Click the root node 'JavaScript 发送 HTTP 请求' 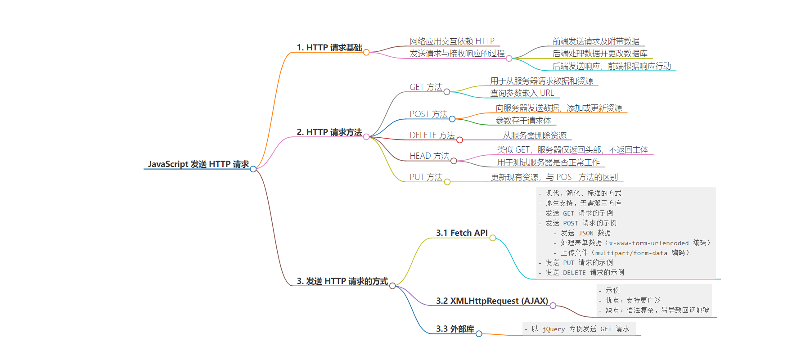pyautogui.click(x=198, y=164)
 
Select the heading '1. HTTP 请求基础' pyautogui.click(x=329, y=48)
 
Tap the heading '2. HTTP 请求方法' pyautogui.click(x=329, y=132)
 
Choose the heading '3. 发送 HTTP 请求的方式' pyautogui.click(x=342, y=281)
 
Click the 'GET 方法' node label pyautogui.click(x=426, y=87)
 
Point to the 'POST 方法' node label pyautogui.click(x=428, y=114)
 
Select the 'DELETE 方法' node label pyautogui.click(x=432, y=135)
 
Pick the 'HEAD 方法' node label pyautogui.click(x=429, y=156)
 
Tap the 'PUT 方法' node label pyautogui.click(x=426, y=177)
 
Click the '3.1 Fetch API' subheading pyautogui.click(x=462, y=233)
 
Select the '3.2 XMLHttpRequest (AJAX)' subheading pyautogui.click(x=492, y=301)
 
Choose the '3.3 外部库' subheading pyautogui.click(x=455, y=329)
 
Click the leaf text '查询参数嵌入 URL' pyautogui.click(x=522, y=93)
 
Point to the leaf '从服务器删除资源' pyautogui.click(x=535, y=135)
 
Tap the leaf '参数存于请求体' pyautogui.click(x=523, y=121)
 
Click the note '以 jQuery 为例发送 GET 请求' pyautogui.click(x=580, y=329)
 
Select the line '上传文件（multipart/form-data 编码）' pyautogui.click(x=625, y=253)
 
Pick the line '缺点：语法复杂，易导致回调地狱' pyautogui.click(x=657, y=310)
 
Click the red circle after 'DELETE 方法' pyautogui.click(x=459, y=140)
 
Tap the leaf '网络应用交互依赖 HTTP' pyautogui.click(x=452, y=41)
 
